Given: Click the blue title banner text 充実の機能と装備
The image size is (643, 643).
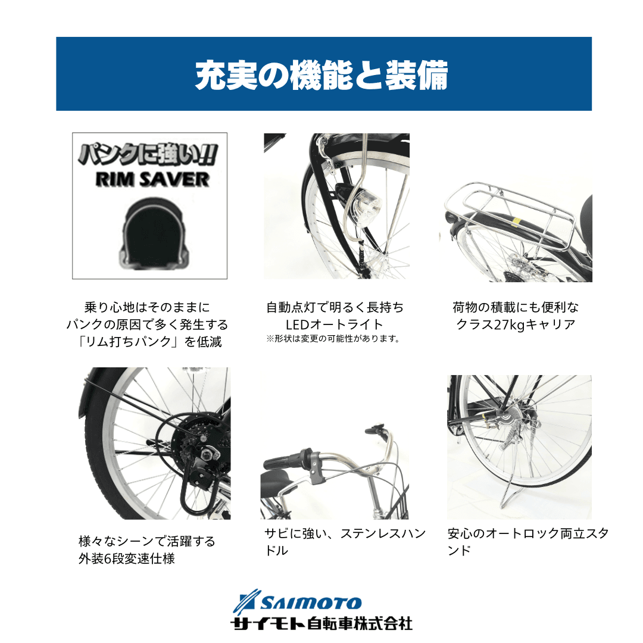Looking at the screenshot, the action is [321, 75].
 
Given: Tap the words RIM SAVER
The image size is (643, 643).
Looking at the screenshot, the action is [152, 180].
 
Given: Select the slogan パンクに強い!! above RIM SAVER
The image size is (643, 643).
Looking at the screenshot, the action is [148, 155].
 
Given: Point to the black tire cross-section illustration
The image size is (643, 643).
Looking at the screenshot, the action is [154, 234].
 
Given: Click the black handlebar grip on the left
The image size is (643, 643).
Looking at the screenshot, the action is [283, 461].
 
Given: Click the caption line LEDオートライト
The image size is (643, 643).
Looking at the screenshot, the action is [335, 324].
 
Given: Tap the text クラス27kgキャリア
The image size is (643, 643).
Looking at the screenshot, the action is [516, 324].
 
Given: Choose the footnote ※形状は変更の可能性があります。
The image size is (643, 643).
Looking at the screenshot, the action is [333, 339].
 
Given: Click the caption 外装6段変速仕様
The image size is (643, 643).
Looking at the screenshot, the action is [127, 558].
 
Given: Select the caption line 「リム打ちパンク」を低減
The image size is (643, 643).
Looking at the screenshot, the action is [149, 342].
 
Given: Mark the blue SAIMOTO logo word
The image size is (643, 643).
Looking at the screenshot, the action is [311, 603].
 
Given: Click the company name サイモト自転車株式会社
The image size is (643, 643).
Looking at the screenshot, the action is [321, 624].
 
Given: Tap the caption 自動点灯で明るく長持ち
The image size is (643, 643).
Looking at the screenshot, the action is [335, 307].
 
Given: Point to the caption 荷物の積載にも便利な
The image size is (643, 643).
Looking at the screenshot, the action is [516, 307].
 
